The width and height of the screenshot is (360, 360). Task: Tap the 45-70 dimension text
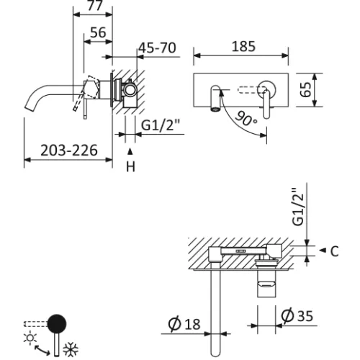point(158,48)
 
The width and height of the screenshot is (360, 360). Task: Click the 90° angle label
point(246,119)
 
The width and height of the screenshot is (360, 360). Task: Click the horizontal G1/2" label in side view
point(161,124)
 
